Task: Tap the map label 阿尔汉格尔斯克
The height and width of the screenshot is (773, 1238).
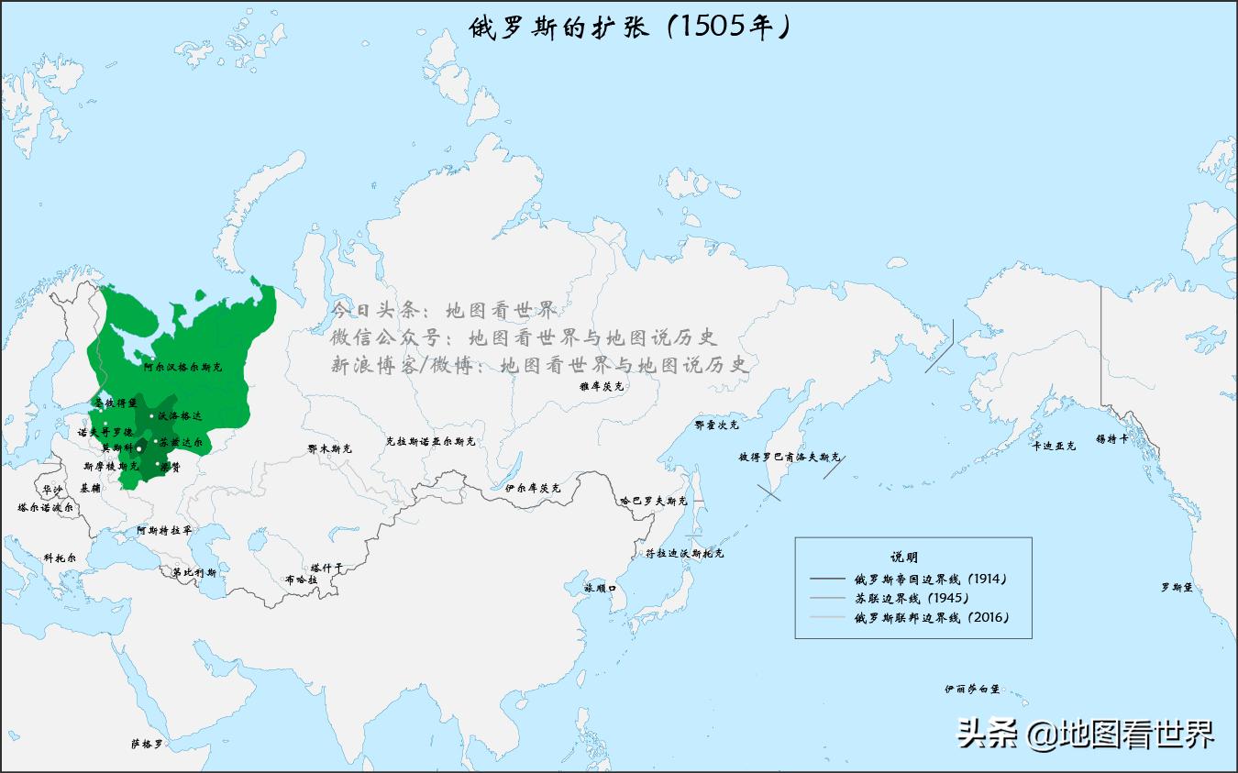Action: click(x=182, y=367)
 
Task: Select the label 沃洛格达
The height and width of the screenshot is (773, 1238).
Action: click(x=179, y=416)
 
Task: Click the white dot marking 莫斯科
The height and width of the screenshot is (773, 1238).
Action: click(x=139, y=448)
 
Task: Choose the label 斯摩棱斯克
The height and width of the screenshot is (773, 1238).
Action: click(x=111, y=466)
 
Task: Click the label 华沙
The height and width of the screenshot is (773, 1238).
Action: click(x=52, y=490)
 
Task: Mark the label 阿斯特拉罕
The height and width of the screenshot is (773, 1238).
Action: click(x=164, y=530)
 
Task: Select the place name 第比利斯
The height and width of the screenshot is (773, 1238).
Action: click(x=194, y=573)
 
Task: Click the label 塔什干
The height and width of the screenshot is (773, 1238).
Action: click(x=326, y=568)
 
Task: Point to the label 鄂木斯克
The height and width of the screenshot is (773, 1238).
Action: click(x=329, y=449)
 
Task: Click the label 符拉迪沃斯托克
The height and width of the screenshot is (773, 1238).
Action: click(x=684, y=554)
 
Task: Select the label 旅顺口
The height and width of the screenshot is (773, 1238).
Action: click(x=601, y=587)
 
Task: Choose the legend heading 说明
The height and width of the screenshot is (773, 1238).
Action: click(x=903, y=557)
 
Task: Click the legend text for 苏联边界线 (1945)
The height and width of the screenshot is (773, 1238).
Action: click(x=911, y=598)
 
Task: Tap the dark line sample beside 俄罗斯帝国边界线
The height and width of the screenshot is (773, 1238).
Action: click(x=827, y=580)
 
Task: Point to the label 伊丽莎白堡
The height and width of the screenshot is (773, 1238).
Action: click(x=972, y=689)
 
